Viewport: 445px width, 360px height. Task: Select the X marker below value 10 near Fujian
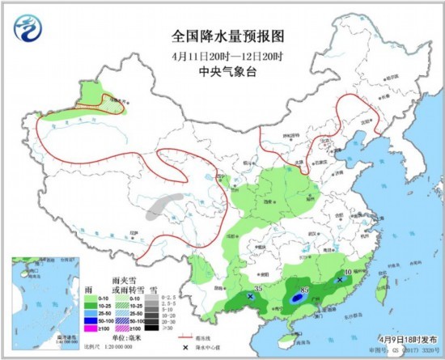click(x=340, y=280)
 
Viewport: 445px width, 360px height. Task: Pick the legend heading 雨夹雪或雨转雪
click(x=127, y=284)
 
